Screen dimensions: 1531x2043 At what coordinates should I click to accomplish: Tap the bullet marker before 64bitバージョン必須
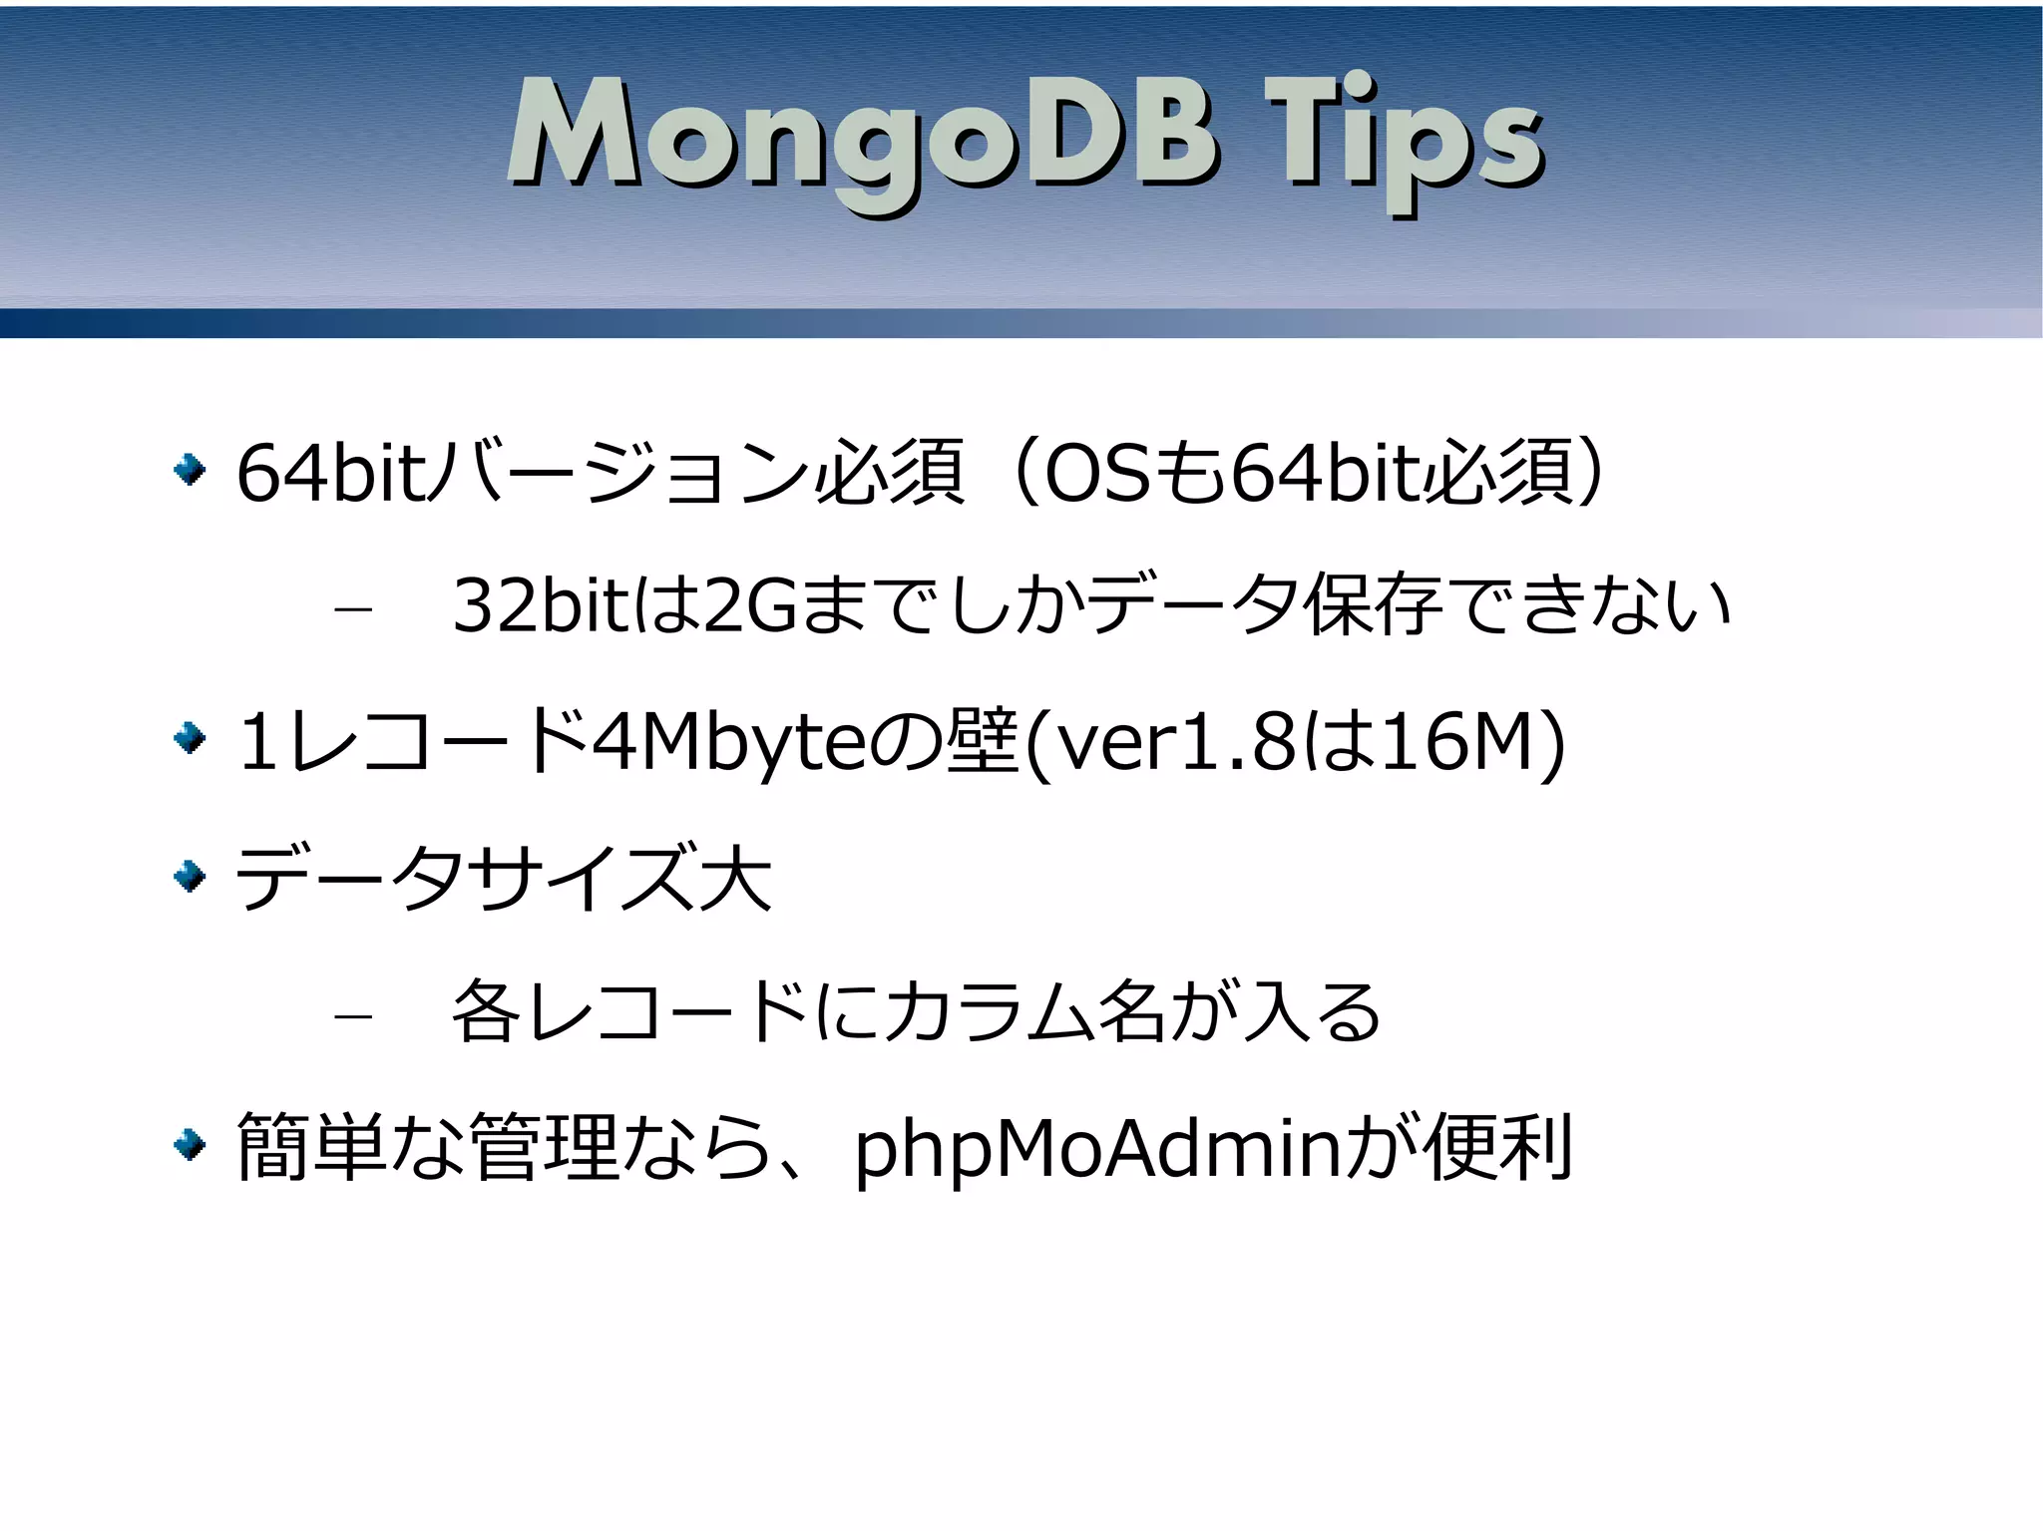pyautogui.click(x=190, y=469)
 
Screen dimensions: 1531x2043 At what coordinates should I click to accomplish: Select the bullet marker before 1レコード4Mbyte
pyautogui.click(x=190, y=739)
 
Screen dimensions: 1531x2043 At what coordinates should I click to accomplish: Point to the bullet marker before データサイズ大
pyautogui.click(x=190, y=877)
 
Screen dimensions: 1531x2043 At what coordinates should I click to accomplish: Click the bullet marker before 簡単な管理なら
pyautogui.click(x=190, y=1145)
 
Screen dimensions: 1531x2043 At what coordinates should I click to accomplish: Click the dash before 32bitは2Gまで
pyautogui.click(x=353, y=607)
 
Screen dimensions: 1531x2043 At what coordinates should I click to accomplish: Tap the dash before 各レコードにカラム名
pyautogui.click(x=353, y=1016)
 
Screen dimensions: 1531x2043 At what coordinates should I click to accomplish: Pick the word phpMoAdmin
pyautogui.click(x=1098, y=1149)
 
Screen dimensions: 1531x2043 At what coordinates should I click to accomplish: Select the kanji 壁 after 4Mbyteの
pyautogui.click(x=983, y=741)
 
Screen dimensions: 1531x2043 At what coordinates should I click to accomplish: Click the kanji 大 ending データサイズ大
pyautogui.click(x=736, y=878)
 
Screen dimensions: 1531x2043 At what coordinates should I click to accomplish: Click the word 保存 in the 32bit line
pyautogui.click(x=1374, y=604)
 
